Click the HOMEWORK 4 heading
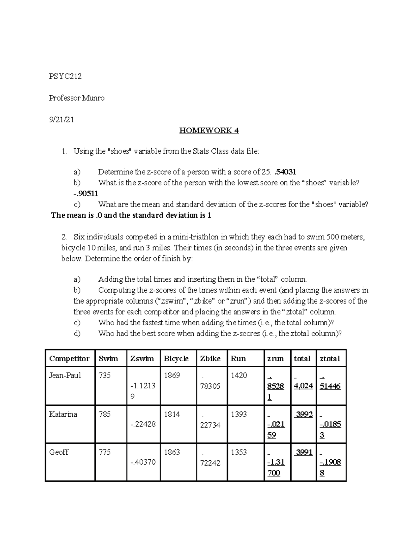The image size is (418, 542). (x=209, y=131)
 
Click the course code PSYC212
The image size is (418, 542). (x=65, y=76)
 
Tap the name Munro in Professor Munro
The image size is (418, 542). (x=93, y=98)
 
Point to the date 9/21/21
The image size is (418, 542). (x=61, y=120)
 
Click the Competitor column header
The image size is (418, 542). (x=69, y=358)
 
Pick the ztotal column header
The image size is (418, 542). (x=330, y=358)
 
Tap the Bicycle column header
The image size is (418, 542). (x=176, y=358)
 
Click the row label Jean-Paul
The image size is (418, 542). (x=65, y=375)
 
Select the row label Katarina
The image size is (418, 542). (x=63, y=414)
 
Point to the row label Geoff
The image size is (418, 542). (x=59, y=452)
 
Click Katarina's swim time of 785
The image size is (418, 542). (x=104, y=414)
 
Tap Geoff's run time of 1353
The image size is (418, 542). (x=239, y=452)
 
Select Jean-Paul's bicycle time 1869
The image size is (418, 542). (x=172, y=375)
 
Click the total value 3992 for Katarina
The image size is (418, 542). (x=304, y=414)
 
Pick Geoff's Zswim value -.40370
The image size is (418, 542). (x=143, y=462)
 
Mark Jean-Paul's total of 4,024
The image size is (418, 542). (x=303, y=386)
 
